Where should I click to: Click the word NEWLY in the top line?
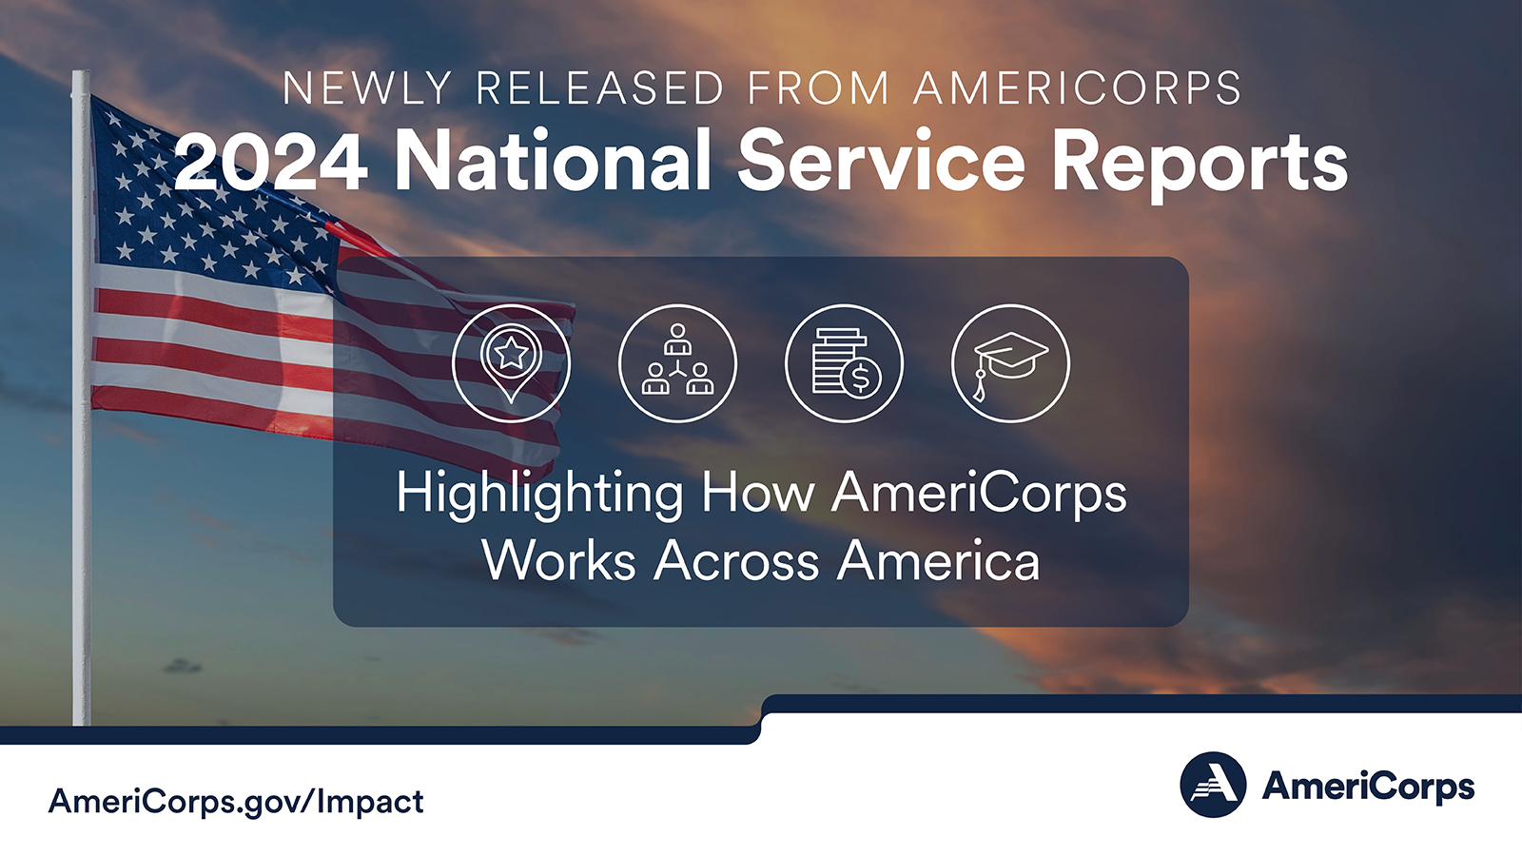(367, 88)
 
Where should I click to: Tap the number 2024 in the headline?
(270, 162)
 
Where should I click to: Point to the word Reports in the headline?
(1200, 165)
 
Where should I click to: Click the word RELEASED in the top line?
(599, 88)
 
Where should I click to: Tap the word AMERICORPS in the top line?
(1078, 88)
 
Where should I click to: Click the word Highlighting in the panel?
(539, 496)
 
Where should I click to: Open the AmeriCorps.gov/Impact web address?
(236, 803)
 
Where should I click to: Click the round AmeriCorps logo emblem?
(1213, 784)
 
